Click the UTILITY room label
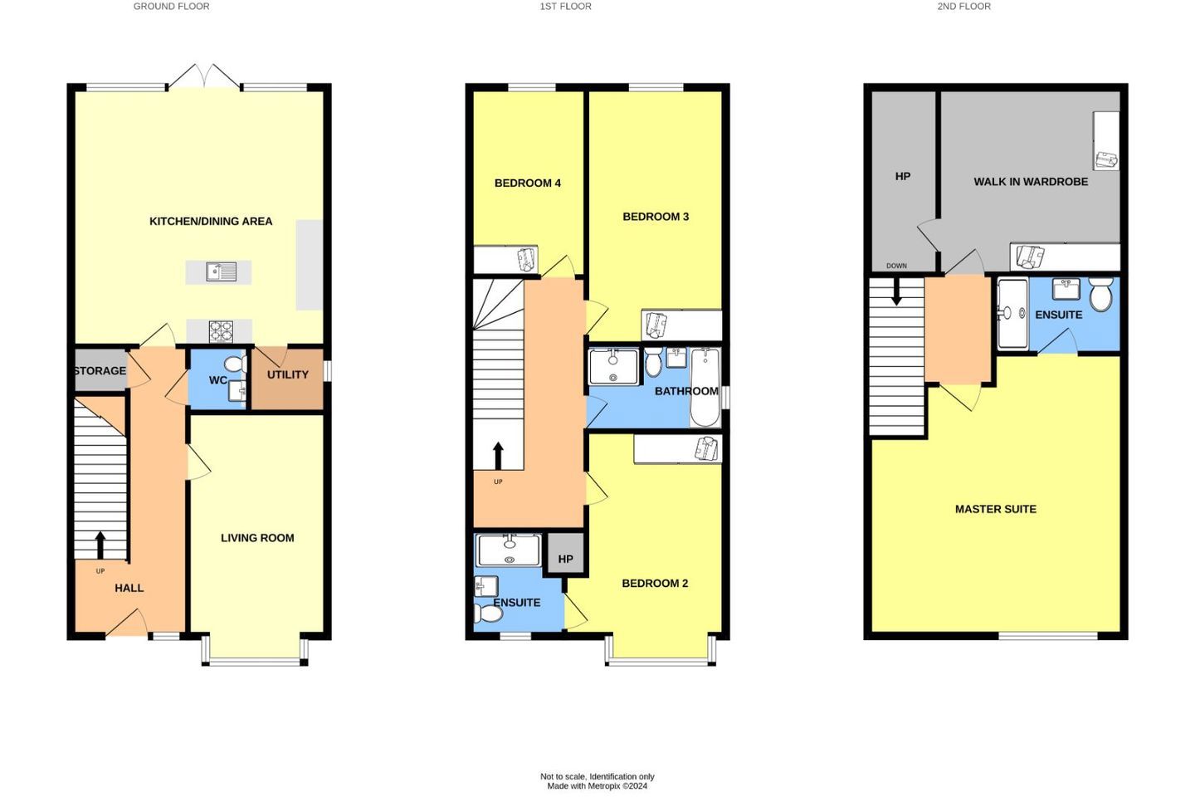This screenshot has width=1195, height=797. coord(287,374)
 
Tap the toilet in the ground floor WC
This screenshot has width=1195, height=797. coord(236,364)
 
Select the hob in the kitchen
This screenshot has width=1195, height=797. coord(221,331)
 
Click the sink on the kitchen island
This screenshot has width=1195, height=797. coord(222,271)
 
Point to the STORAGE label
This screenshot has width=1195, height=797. coord(100,370)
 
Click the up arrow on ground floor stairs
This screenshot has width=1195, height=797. coord(100,545)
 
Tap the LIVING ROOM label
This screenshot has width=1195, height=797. coord(257,538)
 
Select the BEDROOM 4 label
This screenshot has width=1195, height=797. coord(528,183)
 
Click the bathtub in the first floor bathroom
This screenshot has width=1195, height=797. coord(705,387)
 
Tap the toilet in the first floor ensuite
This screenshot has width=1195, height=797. coord(488,614)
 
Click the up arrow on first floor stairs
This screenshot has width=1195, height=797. coord(498,455)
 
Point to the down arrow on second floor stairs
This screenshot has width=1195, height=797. coord(896,292)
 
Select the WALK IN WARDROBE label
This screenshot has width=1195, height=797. coord(1031,182)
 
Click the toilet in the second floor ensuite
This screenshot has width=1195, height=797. coord(1100,294)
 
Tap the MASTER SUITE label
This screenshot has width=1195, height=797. coord(996,509)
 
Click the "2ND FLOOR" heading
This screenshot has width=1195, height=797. coord(964,7)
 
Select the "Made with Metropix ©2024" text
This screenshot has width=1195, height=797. coord(597,785)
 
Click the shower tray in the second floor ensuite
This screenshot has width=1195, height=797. coord(1012,313)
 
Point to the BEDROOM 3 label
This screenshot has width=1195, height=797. coord(656,217)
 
